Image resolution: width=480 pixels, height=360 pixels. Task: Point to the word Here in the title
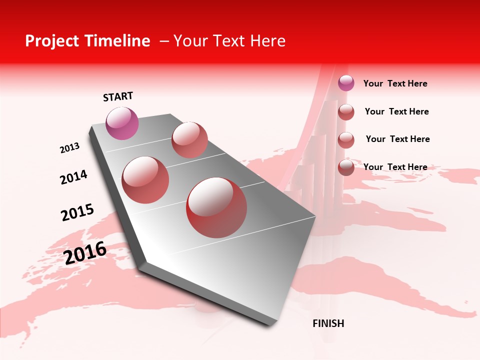pyautogui.click(x=267, y=41)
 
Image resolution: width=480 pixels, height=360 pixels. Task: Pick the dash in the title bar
pyautogui.click(x=163, y=41)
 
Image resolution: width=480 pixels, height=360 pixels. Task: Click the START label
pyautogui.click(x=118, y=96)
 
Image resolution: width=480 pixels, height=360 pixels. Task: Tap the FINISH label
pyautogui.click(x=328, y=323)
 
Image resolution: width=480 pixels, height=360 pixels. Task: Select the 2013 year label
pyautogui.click(x=69, y=148)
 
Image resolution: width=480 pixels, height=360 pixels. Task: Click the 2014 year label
pyautogui.click(x=73, y=177)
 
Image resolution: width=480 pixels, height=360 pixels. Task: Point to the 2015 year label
pyautogui.click(x=77, y=212)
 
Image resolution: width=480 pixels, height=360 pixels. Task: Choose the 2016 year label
pyautogui.click(x=85, y=252)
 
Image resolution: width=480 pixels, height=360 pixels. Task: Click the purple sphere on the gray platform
pyautogui.click(x=122, y=123)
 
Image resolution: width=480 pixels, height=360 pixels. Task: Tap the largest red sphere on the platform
pyautogui.click(x=216, y=207)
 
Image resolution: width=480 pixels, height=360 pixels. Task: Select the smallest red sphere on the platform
pyautogui.click(x=189, y=140)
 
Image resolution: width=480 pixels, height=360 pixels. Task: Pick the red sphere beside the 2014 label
pyautogui.click(x=145, y=180)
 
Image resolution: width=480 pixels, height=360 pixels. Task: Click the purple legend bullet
pyautogui.click(x=346, y=83)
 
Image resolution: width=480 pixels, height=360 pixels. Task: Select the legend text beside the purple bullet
pyautogui.click(x=395, y=83)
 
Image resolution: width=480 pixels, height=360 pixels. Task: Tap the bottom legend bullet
pyautogui.click(x=346, y=167)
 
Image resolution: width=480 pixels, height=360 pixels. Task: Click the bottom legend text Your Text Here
pyautogui.click(x=395, y=167)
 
